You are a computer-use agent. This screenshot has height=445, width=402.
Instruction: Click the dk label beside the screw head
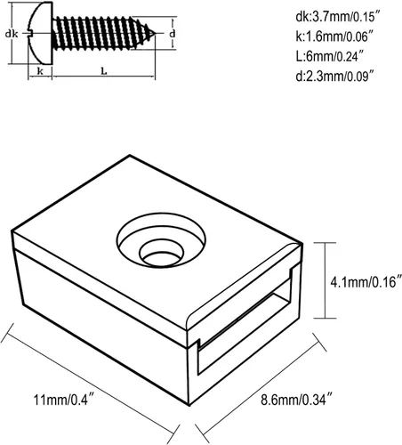click(12, 35)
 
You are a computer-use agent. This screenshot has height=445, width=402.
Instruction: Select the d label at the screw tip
click(172, 35)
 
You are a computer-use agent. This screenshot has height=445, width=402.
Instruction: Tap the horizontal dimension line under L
click(102, 80)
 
